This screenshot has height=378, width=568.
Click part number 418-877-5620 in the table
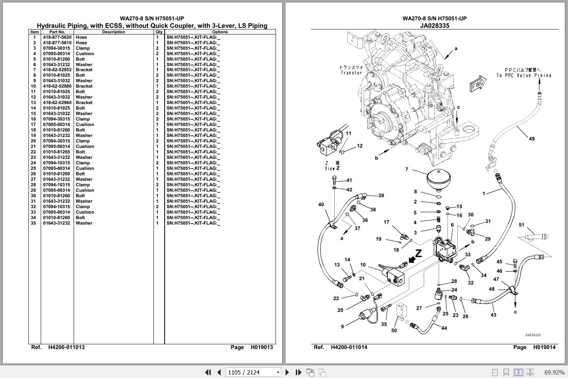[x=57, y=37]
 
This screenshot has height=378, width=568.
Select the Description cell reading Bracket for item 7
[x=84, y=70]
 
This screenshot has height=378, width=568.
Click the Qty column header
[x=159, y=32]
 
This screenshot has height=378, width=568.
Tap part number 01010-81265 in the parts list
[x=56, y=152]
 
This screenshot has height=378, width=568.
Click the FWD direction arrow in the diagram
[x=478, y=84]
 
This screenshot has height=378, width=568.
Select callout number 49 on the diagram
[x=532, y=139]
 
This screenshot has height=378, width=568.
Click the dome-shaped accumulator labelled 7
[x=438, y=178]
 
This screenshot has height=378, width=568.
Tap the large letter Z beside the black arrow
[x=418, y=254]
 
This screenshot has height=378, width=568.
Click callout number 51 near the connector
[x=521, y=225]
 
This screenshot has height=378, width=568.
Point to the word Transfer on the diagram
[x=351, y=73]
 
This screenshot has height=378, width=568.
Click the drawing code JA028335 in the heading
[x=434, y=26]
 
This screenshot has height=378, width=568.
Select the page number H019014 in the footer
[x=544, y=347]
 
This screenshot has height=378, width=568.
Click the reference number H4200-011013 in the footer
[x=66, y=347]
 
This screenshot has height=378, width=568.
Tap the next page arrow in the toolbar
[x=287, y=372]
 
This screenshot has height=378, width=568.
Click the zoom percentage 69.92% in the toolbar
[x=554, y=372]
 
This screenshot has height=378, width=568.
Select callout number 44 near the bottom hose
[x=444, y=328]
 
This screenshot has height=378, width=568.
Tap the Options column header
[x=220, y=32]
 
